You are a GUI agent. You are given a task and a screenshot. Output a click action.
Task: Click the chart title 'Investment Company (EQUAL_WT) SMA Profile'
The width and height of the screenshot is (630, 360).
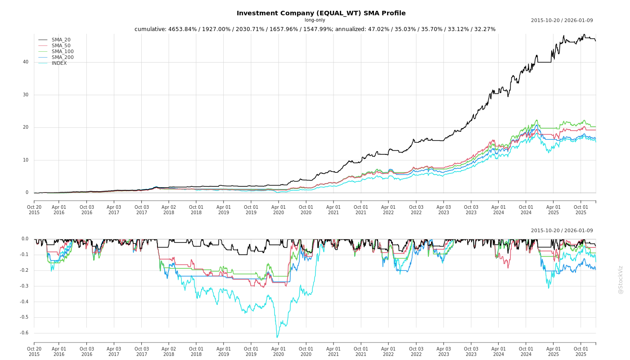pos(321,13)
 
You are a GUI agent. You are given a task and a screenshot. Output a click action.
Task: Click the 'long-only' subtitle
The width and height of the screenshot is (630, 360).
pos(315,20)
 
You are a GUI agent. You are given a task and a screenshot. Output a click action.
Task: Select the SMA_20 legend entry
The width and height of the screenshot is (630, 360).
pos(61,40)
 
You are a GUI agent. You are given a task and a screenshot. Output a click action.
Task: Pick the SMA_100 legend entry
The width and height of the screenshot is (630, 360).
pos(63,52)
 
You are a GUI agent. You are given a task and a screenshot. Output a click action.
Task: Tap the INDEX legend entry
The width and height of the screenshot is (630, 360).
pos(59,63)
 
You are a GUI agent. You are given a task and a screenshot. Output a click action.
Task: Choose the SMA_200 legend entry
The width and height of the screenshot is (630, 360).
pos(63,58)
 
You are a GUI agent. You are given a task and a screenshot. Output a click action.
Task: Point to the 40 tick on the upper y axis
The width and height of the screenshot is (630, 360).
pos(26,62)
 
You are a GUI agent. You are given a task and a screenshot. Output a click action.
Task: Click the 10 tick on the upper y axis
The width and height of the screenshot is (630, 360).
pos(26,160)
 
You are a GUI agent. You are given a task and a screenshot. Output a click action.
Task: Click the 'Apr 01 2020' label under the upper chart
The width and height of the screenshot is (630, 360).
pos(279,210)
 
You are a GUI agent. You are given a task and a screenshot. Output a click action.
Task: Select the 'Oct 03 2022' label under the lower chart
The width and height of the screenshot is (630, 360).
pos(416,351)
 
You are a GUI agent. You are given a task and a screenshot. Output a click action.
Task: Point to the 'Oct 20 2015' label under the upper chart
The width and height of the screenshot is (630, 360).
pos(34,210)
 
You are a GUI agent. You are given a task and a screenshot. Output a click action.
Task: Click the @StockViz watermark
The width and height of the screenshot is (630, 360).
pos(621,279)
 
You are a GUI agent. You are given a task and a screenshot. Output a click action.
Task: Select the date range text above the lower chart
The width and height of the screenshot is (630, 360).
pos(562,231)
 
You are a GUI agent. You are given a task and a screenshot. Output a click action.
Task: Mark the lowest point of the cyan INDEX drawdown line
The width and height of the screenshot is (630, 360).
pos(277,337)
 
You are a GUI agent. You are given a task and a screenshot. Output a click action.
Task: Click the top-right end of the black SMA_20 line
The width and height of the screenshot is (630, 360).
pos(595,41)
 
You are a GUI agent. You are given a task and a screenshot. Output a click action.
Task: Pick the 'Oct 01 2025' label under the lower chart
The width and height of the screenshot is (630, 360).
pos(581,351)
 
